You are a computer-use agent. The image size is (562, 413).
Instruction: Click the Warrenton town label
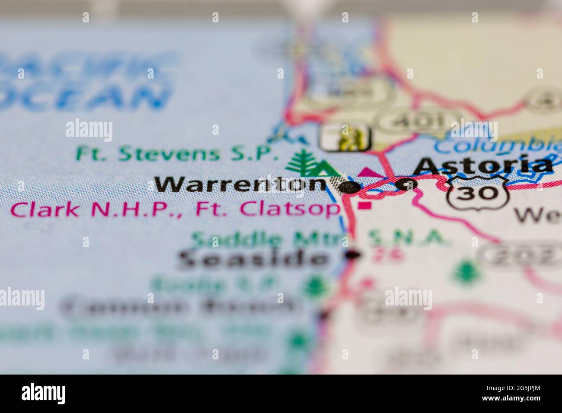tap(240, 184)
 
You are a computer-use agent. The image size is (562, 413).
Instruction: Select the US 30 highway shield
tap(478, 193)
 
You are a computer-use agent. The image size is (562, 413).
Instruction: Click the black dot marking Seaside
tap(354, 255)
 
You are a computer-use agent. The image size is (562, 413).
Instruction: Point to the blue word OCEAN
tap(82, 97)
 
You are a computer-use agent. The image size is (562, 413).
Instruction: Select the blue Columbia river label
tap(497, 146)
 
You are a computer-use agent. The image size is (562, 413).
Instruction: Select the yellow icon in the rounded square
tap(345, 137)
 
